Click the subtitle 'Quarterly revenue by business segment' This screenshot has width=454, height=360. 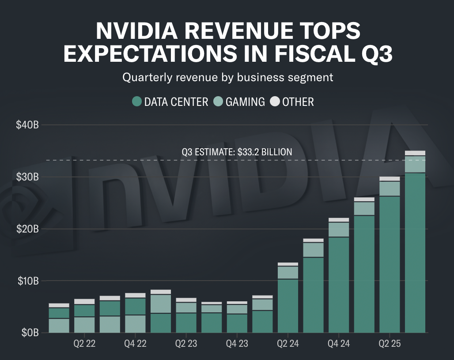(x=227, y=78)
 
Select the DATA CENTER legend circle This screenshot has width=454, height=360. (x=137, y=102)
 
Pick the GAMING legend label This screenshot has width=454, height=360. (x=245, y=102)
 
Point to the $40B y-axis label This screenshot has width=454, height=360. (x=28, y=125)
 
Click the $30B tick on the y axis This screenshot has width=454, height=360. (x=28, y=177)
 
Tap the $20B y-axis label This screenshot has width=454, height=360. (x=28, y=229)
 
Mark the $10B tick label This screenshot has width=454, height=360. (x=28, y=281)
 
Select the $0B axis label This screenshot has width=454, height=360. (x=30, y=333)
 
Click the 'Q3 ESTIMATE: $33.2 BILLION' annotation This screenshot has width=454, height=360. (x=237, y=152)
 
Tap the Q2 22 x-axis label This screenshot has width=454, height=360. (x=84, y=344)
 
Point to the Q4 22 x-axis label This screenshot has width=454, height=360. (x=135, y=344)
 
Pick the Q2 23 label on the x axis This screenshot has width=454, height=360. (x=186, y=344)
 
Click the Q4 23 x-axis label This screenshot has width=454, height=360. (x=237, y=344)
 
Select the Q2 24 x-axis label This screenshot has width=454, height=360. (x=288, y=344)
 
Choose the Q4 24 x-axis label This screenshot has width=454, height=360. (x=339, y=344)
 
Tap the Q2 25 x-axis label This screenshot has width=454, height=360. (x=390, y=344)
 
